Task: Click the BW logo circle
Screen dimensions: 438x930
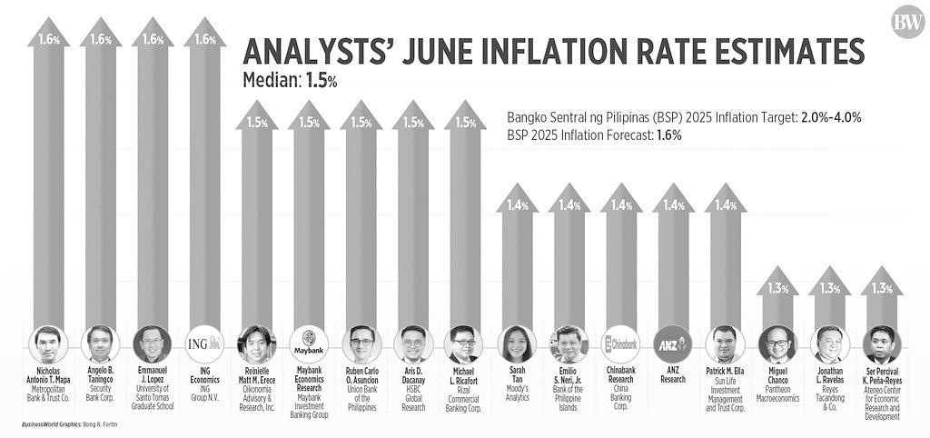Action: tap(906, 23)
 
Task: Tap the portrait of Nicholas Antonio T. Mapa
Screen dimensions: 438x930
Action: tap(48, 344)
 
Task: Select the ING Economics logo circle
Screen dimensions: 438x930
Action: tap(204, 344)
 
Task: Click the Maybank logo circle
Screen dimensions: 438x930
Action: tap(309, 344)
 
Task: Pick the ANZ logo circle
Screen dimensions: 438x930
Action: tap(673, 344)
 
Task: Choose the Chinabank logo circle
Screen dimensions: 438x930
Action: tap(621, 344)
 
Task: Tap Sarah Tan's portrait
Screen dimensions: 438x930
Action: tap(517, 344)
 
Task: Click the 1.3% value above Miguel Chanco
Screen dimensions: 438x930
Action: tap(777, 288)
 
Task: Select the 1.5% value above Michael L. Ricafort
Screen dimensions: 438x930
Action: tap(465, 122)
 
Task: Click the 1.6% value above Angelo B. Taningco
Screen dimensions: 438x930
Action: tap(100, 39)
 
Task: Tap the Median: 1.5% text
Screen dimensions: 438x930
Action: tap(290, 80)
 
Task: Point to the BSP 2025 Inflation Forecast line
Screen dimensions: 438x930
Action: tap(594, 134)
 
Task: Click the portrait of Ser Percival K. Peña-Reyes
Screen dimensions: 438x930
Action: tap(881, 344)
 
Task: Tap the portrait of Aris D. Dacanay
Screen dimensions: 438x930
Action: tap(413, 344)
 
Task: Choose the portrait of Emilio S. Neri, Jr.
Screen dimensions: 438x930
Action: tap(569, 344)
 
